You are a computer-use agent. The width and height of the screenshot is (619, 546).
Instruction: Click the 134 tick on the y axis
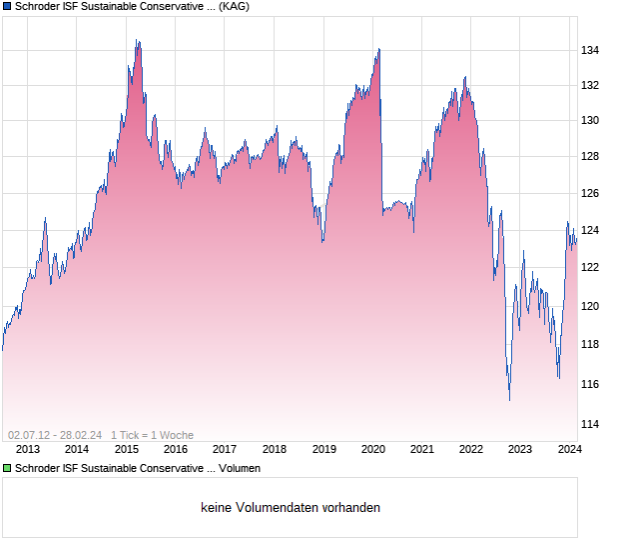(x=590, y=50)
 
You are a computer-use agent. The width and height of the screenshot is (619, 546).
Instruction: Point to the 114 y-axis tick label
(x=590, y=424)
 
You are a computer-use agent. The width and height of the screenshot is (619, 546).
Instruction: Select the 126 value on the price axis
(x=590, y=193)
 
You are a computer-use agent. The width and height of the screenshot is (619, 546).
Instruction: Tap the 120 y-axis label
(x=590, y=307)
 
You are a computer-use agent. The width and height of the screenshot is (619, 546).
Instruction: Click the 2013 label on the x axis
(x=28, y=450)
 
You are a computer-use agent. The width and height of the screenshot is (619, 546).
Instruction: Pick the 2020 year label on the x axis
(x=372, y=450)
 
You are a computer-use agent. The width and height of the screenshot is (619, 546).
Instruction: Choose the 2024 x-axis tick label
(x=569, y=450)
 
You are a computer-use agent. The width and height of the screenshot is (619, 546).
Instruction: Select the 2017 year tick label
(x=225, y=450)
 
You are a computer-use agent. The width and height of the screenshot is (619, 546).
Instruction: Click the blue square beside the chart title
(x=7, y=7)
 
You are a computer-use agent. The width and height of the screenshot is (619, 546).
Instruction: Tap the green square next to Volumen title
(x=7, y=468)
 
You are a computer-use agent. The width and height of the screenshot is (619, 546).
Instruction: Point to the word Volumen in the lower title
(x=238, y=468)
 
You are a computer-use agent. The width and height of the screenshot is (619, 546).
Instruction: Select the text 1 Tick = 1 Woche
(x=152, y=435)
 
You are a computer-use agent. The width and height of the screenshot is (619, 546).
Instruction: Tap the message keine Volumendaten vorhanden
(x=291, y=507)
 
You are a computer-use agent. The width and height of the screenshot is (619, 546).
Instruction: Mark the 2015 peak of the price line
(x=137, y=41)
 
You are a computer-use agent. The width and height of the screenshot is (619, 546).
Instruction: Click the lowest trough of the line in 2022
(x=509, y=399)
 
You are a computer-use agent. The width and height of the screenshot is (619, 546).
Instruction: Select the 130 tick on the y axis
(x=590, y=121)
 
